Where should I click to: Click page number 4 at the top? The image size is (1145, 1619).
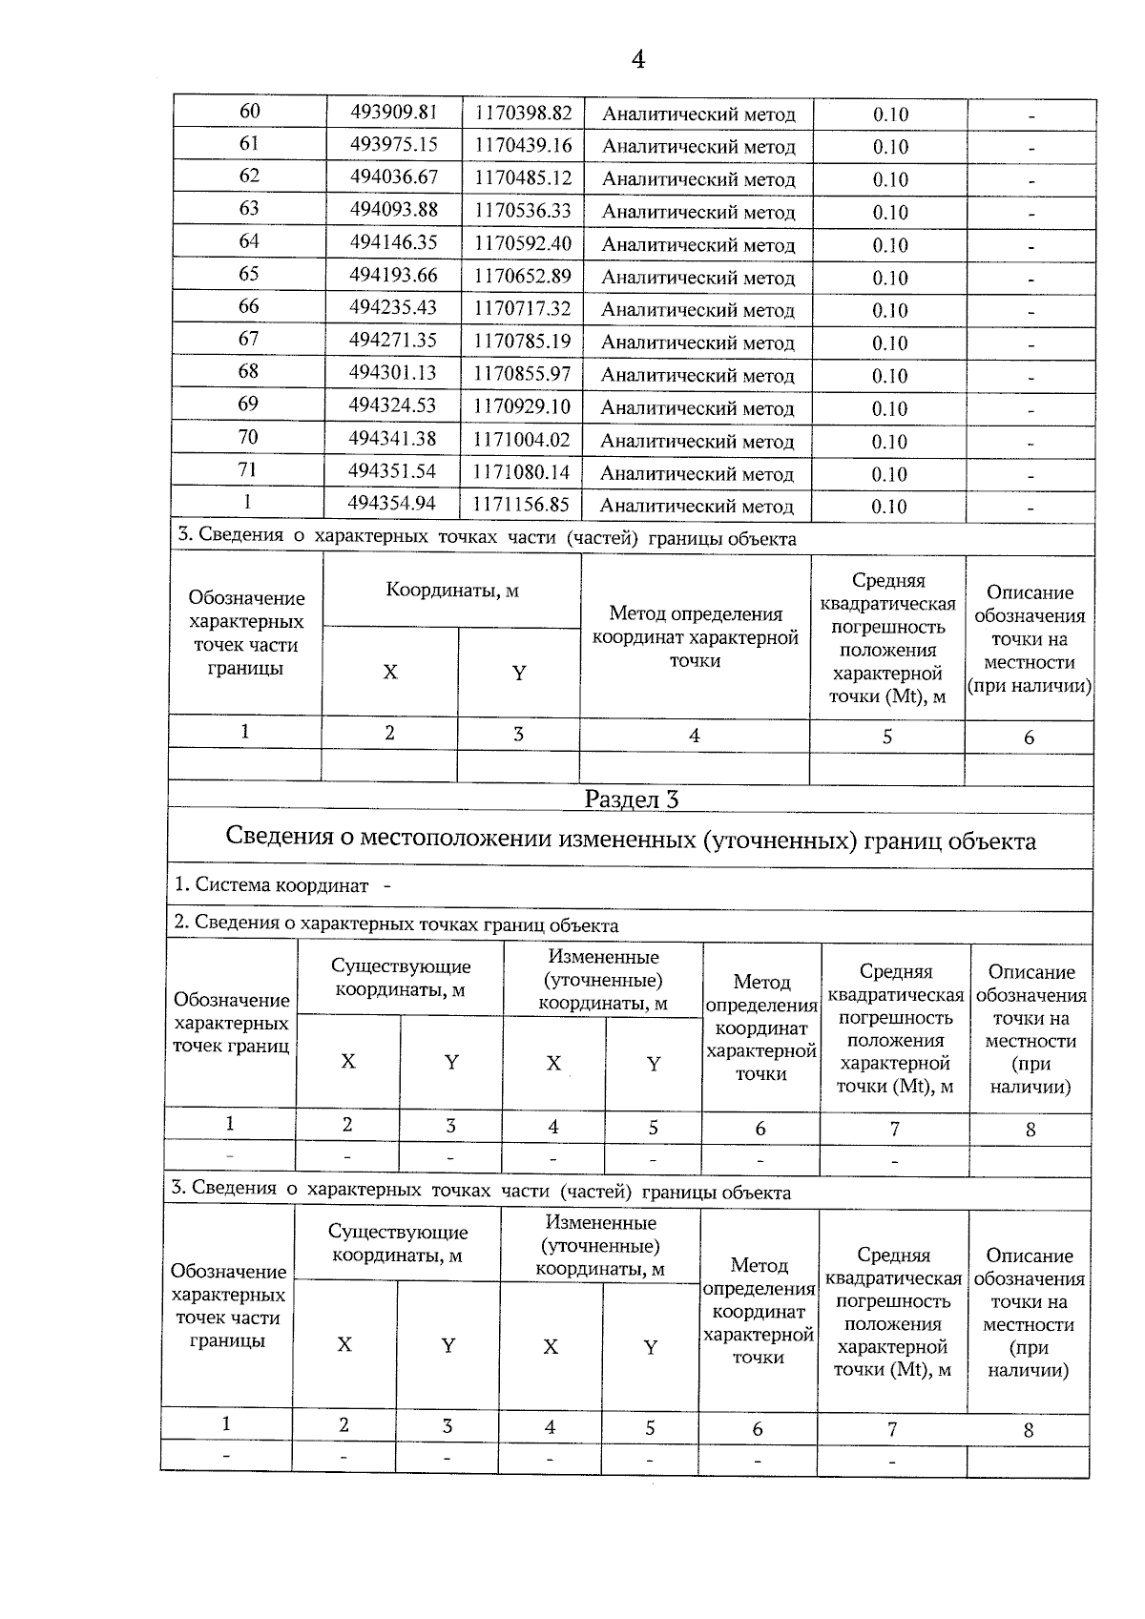coord(638,59)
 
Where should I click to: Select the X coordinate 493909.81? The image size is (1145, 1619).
coord(394,112)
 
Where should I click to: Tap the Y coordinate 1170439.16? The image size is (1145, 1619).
coord(523,145)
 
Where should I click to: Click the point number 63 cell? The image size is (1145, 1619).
coord(249,208)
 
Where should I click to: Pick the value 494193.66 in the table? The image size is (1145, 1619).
coord(393,275)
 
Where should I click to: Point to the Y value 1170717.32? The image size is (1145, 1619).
coord(523,308)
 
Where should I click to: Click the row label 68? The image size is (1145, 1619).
coord(248,371)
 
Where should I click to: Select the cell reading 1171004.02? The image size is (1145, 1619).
coord(522,440)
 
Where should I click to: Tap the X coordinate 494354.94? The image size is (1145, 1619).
coord(392,503)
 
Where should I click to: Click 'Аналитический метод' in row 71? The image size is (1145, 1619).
coord(697,474)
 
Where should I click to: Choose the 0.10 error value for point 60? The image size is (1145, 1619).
coord(890,114)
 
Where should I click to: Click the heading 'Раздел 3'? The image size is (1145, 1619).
coord(631,799)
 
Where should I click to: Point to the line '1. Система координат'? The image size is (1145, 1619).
coord(272,885)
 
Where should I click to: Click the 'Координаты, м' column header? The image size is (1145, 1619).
coord(452,590)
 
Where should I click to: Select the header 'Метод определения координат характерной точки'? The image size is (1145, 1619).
coord(696,637)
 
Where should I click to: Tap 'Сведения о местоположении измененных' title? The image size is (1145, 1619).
coord(631,840)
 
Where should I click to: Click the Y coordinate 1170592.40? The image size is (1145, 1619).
coord(523,243)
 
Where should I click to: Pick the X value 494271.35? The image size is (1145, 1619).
coord(392,340)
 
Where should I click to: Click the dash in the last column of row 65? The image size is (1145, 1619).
coord(1031,280)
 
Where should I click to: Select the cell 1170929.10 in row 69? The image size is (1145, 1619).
coord(522,406)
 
